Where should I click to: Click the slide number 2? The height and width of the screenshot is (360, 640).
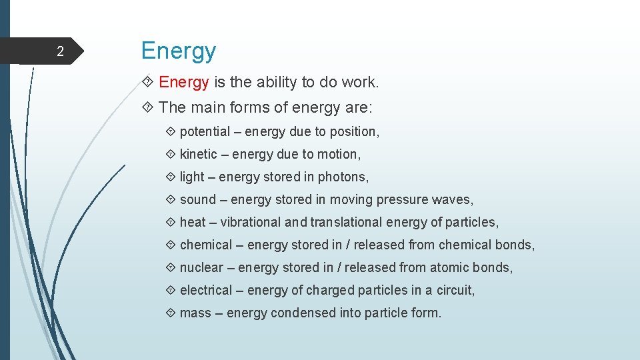pyautogui.click(x=60, y=52)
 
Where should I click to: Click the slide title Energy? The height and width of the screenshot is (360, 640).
pyautogui.click(x=179, y=51)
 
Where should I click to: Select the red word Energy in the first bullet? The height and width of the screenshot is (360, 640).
pyautogui.click(x=184, y=83)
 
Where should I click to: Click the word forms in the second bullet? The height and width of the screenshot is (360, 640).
pyautogui.click(x=245, y=108)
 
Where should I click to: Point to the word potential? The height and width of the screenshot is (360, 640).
pyautogui.click(x=205, y=132)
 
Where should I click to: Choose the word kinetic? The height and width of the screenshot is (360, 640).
pyautogui.click(x=199, y=155)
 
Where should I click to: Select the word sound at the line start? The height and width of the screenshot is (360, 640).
pyautogui.click(x=198, y=200)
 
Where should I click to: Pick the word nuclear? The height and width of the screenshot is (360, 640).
pyautogui.click(x=201, y=268)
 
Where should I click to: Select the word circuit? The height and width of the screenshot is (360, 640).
pyautogui.click(x=457, y=291)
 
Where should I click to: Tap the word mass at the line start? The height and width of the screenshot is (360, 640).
pyautogui.click(x=195, y=313)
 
